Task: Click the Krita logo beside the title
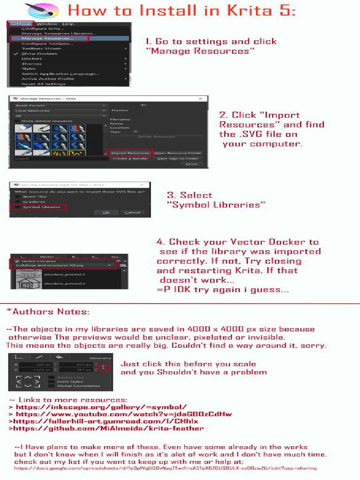pyautogui.click(x=42, y=10)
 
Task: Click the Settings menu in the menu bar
pyautogui.click(x=20, y=24)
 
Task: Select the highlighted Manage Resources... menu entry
pyautogui.click(x=47, y=38)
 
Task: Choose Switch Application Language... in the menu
pyautogui.click(x=60, y=74)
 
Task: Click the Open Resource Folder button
pyautogui.click(x=178, y=153)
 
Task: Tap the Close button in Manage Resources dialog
pyautogui.click(x=191, y=164)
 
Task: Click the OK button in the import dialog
pyautogui.click(x=106, y=212)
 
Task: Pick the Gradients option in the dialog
pyautogui.click(x=34, y=202)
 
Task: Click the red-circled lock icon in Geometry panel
pyautogui.click(x=104, y=367)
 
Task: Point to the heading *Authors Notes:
pyautogui.click(x=48, y=312)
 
